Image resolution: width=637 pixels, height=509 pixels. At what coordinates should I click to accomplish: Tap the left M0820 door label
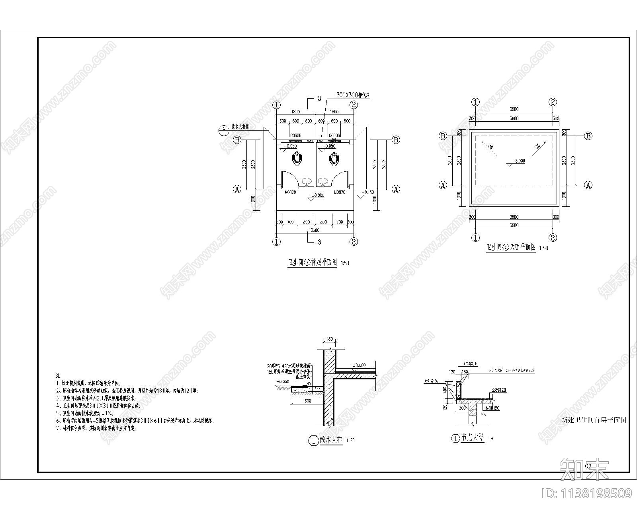[289, 192]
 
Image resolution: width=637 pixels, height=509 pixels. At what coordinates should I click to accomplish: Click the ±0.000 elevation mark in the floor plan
[318, 195]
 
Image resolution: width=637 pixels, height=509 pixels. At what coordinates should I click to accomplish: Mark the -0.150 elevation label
[367, 192]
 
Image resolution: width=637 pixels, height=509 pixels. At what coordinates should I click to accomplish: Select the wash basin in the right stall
[322, 182]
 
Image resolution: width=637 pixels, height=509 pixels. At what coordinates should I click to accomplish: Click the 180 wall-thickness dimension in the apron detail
[329, 339]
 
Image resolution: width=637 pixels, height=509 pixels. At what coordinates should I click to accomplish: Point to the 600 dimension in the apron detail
[307, 401]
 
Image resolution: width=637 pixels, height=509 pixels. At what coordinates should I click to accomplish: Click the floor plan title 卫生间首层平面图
[313, 262]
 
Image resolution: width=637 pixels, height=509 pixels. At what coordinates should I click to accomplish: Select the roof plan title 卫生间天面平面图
[511, 247]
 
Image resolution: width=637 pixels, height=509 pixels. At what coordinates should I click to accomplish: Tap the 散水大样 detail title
[331, 440]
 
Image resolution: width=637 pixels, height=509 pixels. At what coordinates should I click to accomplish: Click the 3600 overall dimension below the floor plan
[315, 230]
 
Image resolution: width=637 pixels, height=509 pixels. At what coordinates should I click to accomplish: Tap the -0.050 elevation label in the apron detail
[283, 381]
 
